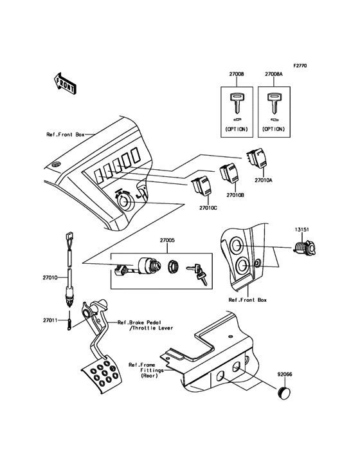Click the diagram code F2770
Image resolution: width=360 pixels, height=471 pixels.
pos(301,66)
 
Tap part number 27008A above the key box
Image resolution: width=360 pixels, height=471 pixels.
pos(274,75)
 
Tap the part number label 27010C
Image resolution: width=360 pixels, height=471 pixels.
pos(208,208)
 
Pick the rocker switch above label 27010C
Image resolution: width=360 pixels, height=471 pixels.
pos(201,186)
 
